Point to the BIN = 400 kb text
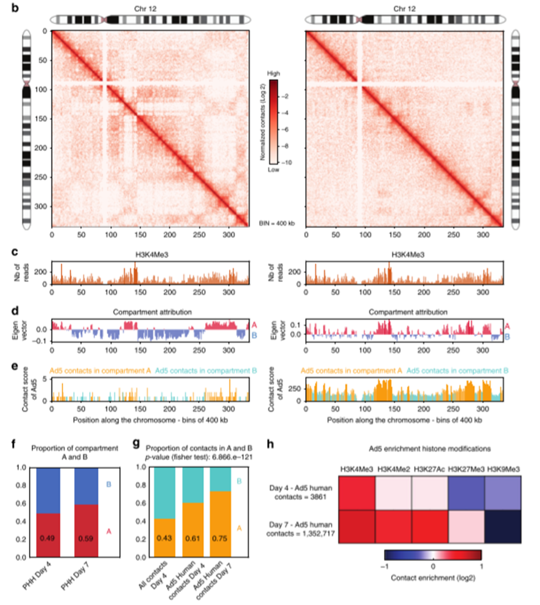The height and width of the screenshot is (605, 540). [279, 222]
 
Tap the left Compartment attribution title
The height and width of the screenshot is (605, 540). [150, 311]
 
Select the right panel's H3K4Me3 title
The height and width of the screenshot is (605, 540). [404, 253]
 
